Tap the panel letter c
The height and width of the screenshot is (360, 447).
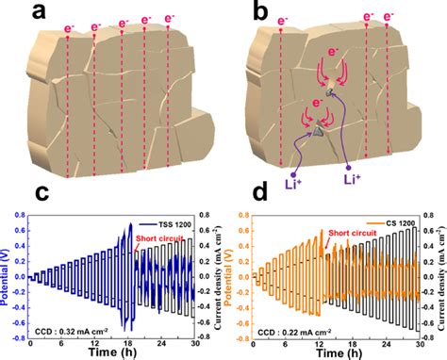(x=14, y=193)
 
